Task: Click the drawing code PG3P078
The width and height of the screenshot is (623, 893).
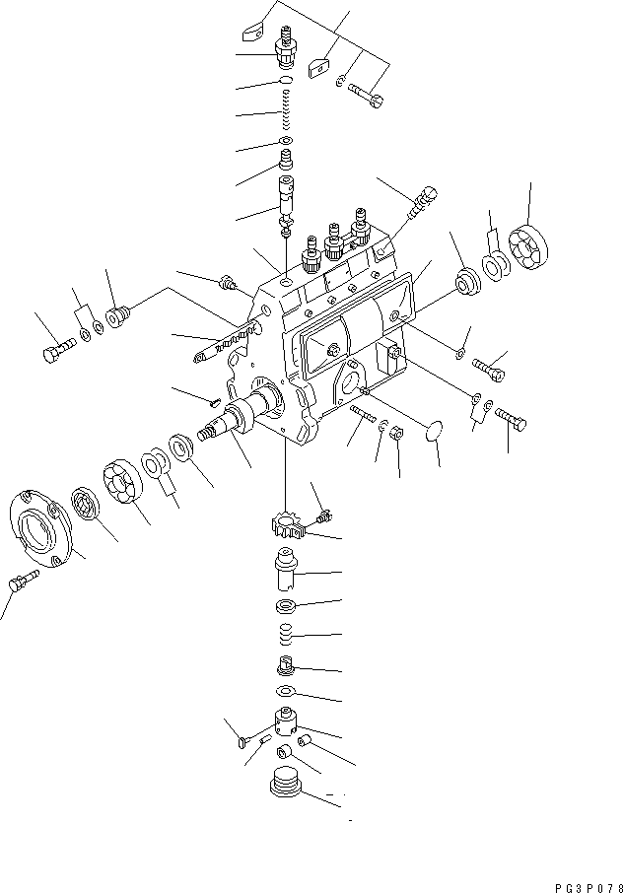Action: click(589, 888)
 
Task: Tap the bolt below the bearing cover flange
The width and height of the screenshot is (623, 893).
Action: click(24, 580)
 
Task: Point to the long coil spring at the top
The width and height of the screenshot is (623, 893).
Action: click(288, 110)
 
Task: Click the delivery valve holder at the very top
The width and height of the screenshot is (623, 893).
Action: click(287, 46)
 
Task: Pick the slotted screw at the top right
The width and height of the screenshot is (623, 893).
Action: click(366, 95)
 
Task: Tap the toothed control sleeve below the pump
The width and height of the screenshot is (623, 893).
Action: click(289, 526)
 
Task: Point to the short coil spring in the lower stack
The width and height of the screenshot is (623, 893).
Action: click(287, 634)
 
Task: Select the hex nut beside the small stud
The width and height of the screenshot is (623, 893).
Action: click(396, 433)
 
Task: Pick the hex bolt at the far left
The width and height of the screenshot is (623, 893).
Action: click(59, 349)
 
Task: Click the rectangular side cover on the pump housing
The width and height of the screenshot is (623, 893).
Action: click(353, 324)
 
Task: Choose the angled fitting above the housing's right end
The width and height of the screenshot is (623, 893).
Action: click(421, 202)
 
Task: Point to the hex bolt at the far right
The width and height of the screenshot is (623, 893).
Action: click(511, 419)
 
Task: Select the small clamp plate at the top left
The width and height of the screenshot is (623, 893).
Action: click(254, 31)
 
